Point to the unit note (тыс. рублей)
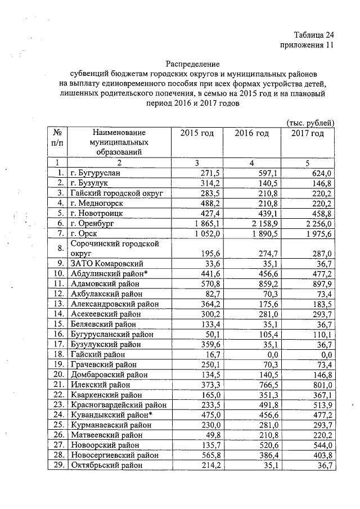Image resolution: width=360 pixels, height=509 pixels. [310, 123]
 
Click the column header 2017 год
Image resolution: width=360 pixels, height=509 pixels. [308, 133]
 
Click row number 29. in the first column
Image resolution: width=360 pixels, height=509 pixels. [56, 465]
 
